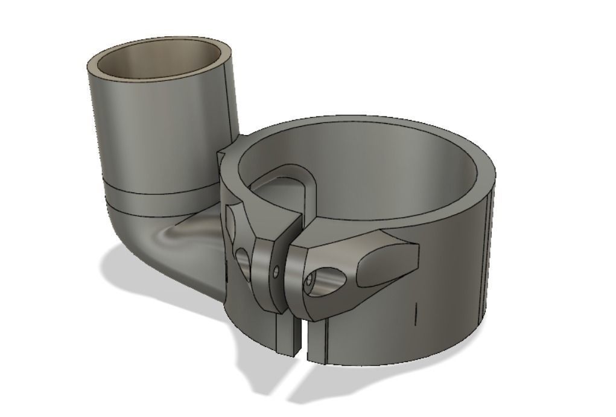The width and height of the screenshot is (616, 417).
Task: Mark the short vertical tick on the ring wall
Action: click(416, 314)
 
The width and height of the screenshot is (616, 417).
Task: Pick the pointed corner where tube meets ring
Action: click(221, 156)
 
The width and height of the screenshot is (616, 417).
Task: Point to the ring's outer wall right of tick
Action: click(452, 290)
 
